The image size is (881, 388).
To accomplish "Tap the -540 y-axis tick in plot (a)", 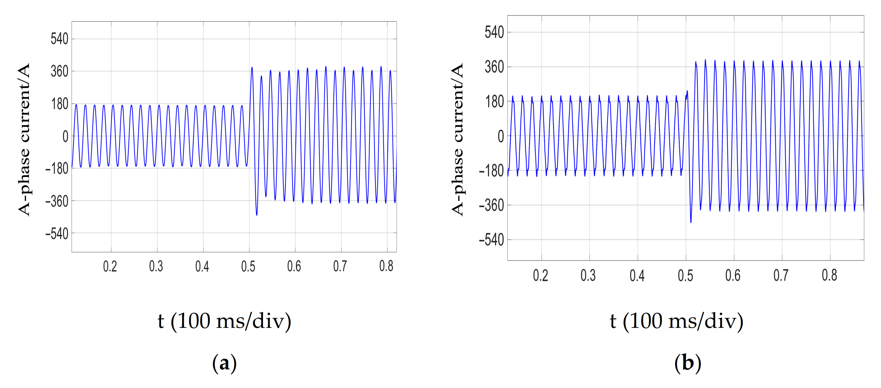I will [x=57, y=234].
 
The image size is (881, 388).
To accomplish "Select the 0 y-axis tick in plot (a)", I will [x=65, y=137].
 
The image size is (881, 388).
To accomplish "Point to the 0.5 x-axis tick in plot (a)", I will [x=248, y=266].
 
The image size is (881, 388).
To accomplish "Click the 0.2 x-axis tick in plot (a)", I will [x=110, y=266].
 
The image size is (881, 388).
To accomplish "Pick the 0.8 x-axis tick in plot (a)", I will [x=386, y=266].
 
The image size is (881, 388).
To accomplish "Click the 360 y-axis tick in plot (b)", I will [x=494, y=67].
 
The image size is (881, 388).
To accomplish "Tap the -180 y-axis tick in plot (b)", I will [x=492, y=171].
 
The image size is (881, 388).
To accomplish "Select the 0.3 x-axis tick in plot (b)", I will [x=588, y=276].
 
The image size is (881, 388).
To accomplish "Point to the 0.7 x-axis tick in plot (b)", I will [x=781, y=276].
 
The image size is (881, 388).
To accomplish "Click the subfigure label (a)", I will [x=224, y=363].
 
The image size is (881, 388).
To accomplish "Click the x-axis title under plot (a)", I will [x=224, y=321].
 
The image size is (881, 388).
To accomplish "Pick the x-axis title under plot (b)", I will [x=676, y=321].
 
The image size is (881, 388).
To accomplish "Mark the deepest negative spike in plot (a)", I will [x=257, y=215].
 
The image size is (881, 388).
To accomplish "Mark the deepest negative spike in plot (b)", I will [x=691, y=222].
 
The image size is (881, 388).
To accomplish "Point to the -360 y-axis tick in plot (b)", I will [x=492, y=205].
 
